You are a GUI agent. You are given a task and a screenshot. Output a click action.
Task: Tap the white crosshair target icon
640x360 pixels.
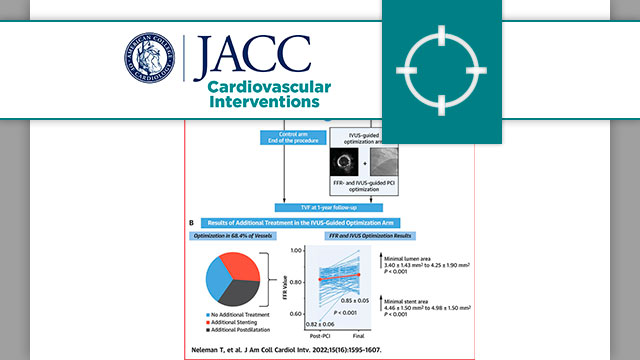tap(441, 69)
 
